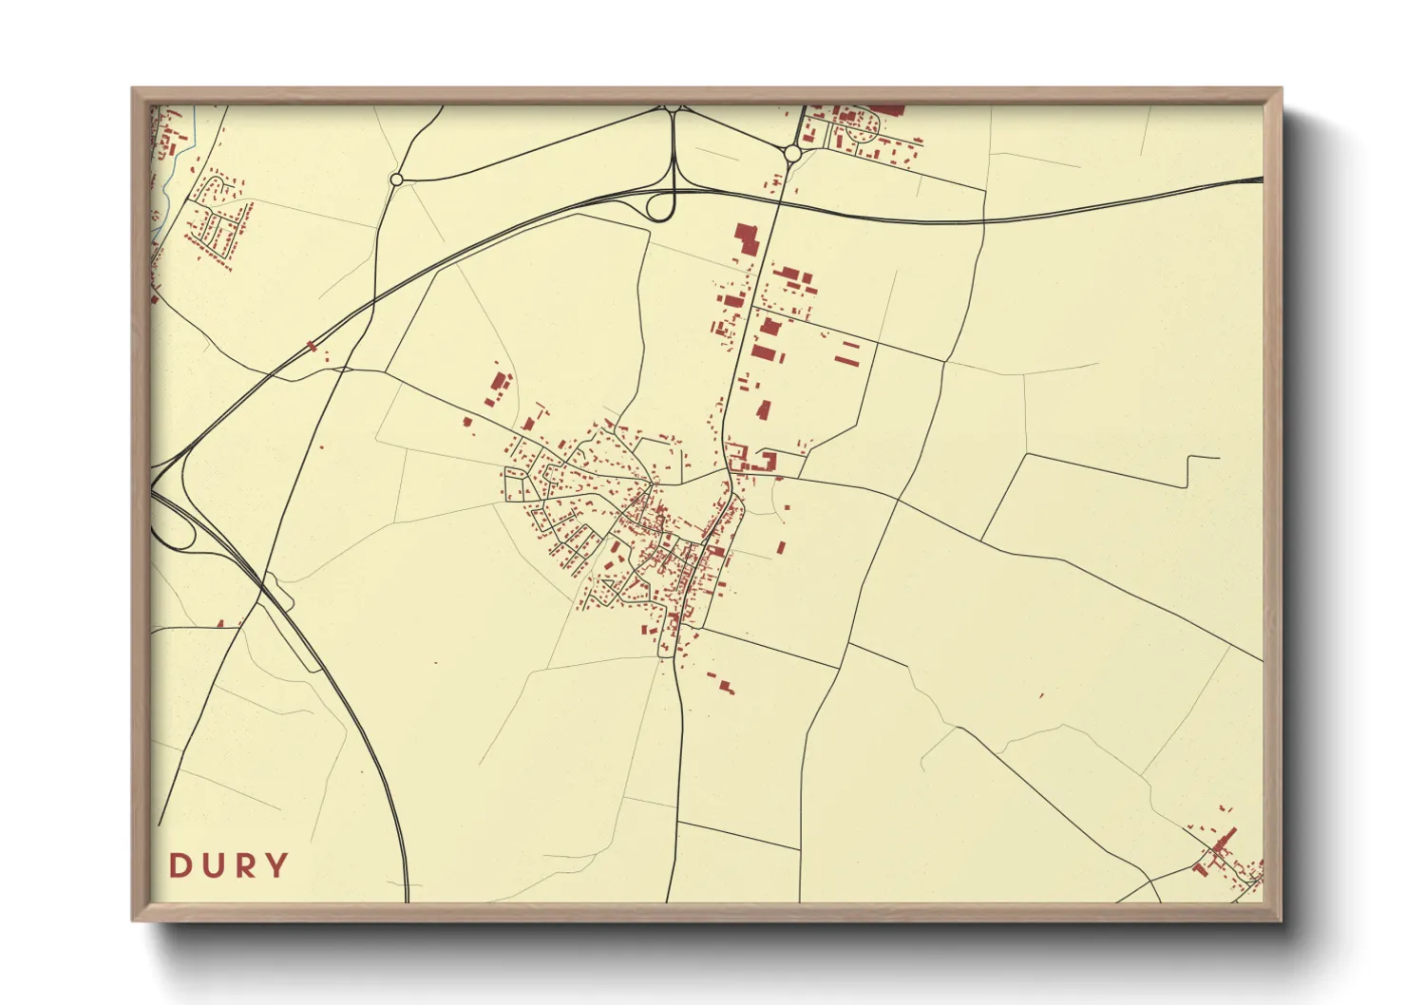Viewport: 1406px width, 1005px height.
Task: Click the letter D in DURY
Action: coord(180,865)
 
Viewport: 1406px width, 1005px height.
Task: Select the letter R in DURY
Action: coord(245,865)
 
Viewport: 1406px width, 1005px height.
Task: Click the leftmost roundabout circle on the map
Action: coord(396,179)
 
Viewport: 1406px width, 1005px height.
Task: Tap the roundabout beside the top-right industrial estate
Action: coord(792,153)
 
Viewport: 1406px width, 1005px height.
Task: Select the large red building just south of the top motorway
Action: coord(747,239)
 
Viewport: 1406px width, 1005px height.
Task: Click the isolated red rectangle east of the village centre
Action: coord(780,548)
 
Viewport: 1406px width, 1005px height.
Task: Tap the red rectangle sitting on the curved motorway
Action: coord(311,346)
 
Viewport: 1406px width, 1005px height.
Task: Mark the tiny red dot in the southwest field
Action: coord(436,662)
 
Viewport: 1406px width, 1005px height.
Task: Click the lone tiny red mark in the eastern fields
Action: coord(1042,696)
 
